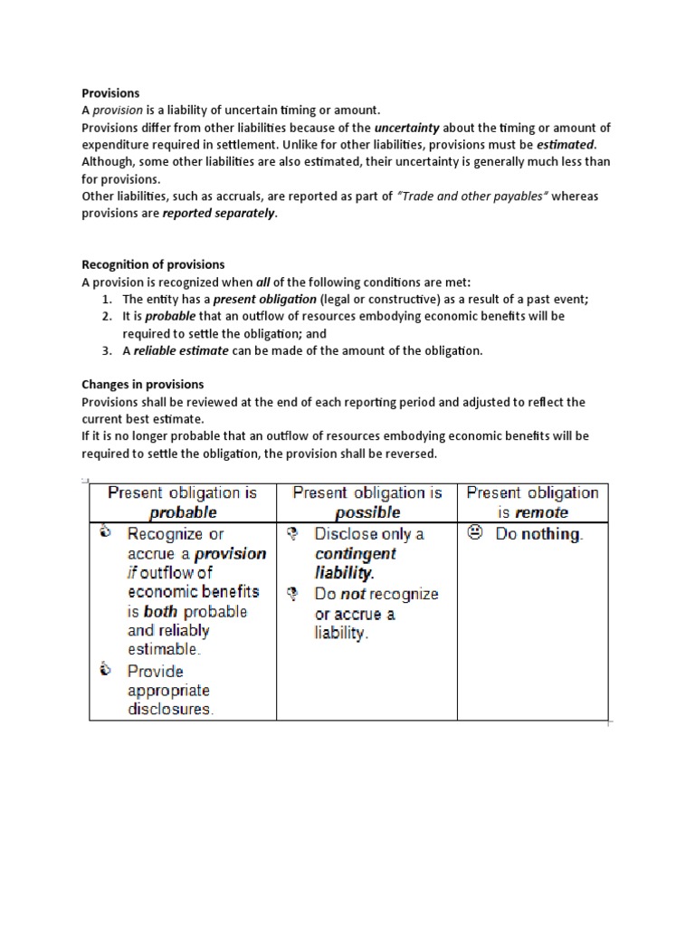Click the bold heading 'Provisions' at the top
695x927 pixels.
110,92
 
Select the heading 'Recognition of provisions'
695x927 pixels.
153,264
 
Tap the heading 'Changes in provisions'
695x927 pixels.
142,385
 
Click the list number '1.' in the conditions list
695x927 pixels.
107,299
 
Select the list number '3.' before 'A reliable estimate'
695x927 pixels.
107,350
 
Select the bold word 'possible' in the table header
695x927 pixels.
366,512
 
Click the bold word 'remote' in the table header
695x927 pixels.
541,512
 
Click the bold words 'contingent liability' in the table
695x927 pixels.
355,563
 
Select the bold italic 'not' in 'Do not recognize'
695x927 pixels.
354,594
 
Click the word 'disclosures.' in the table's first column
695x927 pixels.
170,709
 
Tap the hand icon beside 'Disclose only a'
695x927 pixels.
292,533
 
